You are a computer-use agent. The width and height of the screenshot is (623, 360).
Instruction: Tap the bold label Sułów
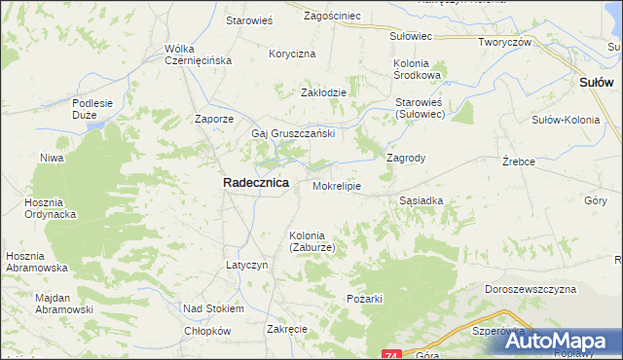[x=595, y=84]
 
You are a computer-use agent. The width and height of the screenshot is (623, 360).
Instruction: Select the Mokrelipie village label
[x=337, y=185]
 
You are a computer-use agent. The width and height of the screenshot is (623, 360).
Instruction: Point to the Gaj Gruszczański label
[x=293, y=133]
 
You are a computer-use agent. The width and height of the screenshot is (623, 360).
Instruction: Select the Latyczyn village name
[x=247, y=265]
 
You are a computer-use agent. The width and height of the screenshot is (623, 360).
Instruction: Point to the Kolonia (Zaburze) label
[x=312, y=241]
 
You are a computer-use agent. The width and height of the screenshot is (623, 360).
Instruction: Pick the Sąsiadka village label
[x=421, y=200]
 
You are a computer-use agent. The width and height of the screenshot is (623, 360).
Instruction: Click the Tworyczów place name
[x=503, y=43]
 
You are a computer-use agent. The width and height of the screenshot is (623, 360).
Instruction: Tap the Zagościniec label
[x=333, y=17]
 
